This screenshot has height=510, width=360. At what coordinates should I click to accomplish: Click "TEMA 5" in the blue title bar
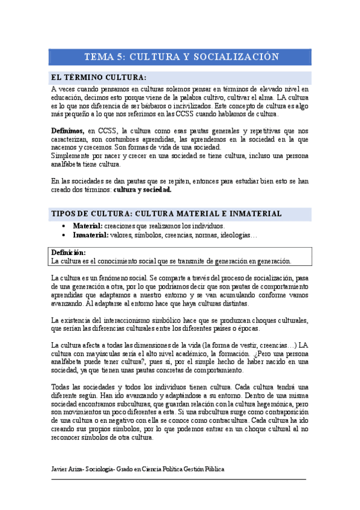tap(105, 57)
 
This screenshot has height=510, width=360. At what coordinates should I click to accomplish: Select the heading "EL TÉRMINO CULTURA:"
tap(99, 78)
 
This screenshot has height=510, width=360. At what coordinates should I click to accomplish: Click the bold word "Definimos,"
tap(67, 131)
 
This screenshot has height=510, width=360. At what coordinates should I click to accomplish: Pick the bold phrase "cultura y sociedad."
tap(143, 189)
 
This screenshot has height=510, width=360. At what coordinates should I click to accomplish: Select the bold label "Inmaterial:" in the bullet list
tap(91, 235)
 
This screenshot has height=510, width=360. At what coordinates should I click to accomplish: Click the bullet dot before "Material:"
tap(64, 226)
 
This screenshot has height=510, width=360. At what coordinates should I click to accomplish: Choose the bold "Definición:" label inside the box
tap(69, 253)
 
